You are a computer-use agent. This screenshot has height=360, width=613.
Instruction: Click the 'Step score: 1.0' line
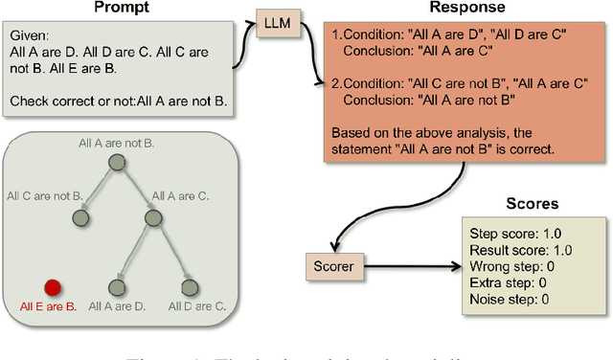(x=510, y=233)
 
